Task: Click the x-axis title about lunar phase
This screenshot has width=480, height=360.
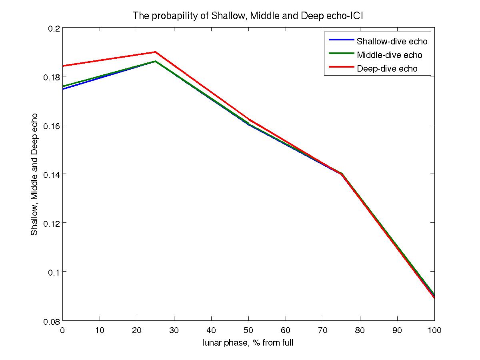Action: pyautogui.click(x=248, y=343)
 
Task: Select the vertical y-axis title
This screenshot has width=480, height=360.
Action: pyautogui.click(x=35, y=174)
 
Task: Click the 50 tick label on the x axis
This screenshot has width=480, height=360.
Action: pyautogui.click(x=248, y=330)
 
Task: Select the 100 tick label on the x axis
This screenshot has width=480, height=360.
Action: pyautogui.click(x=434, y=330)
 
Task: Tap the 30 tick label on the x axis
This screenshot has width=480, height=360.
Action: pyautogui.click(x=174, y=330)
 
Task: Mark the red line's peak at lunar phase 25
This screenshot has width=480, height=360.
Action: pyautogui.click(x=155, y=52)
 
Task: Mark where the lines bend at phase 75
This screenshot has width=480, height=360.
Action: pyautogui.click(x=342, y=174)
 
